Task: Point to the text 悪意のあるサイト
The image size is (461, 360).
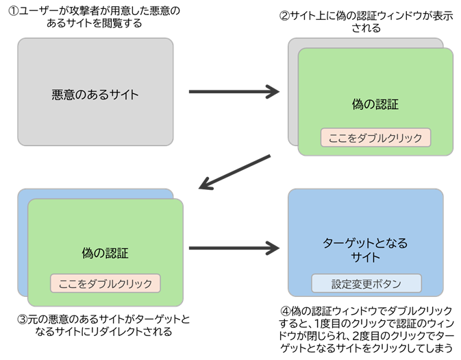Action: point(95,95)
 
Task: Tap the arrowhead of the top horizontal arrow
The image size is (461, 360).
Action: point(273,92)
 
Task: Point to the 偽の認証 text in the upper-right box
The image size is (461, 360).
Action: point(375,105)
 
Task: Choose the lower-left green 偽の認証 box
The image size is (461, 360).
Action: point(105,226)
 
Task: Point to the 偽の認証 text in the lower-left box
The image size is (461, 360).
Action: point(105,254)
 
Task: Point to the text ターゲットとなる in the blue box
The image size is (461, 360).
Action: point(365,243)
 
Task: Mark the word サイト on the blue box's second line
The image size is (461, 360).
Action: point(365,257)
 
